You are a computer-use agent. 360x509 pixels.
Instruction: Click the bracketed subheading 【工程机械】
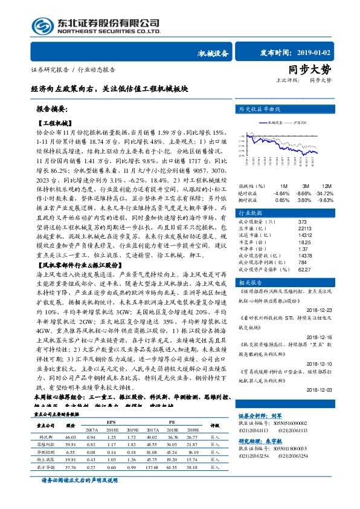pyautogui.click(x=54, y=123)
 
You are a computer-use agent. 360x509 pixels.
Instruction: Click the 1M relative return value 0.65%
pyautogui.click(x=282, y=199)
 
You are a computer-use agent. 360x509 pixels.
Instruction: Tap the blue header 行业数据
pyautogui.click(x=249, y=213)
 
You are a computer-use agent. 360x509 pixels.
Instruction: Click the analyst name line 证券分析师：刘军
pyautogui.click(x=261, y=433)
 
